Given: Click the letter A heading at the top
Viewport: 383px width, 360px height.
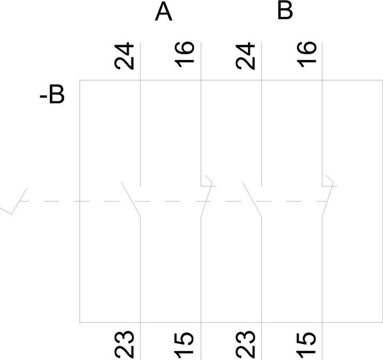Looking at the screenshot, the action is (164, 12).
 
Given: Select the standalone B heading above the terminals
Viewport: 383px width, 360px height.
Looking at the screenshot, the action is (285, 11).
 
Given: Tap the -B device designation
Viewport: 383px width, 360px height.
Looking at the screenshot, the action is (52, 94).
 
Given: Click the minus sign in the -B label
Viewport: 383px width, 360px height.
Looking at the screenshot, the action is (43, 97).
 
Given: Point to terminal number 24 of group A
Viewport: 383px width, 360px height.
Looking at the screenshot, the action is (124, 56).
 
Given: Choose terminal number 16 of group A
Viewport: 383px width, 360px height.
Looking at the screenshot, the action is (185, 54).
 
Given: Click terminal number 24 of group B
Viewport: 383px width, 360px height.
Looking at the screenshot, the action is (245, 56).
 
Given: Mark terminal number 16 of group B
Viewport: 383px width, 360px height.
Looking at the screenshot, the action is (306, 54).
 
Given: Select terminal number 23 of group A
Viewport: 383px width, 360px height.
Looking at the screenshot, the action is (124, 344).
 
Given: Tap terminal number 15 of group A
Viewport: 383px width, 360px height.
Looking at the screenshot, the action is (185, 343).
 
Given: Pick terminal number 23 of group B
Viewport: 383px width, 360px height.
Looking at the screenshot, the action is (246, 344).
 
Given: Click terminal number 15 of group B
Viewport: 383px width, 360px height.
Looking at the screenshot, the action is (306, 343).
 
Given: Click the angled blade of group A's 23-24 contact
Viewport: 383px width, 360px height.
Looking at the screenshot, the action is (131, 199).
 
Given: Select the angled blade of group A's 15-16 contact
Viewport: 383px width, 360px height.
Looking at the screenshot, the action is (206, 199).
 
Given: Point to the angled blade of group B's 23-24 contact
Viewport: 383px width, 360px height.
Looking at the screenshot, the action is (252, 199).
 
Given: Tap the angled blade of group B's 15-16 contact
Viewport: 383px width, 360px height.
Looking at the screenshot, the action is (328, 199).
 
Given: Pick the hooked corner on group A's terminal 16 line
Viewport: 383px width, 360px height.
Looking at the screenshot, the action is (212, 182).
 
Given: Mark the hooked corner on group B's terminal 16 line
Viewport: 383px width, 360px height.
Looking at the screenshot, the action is (333, 182).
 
